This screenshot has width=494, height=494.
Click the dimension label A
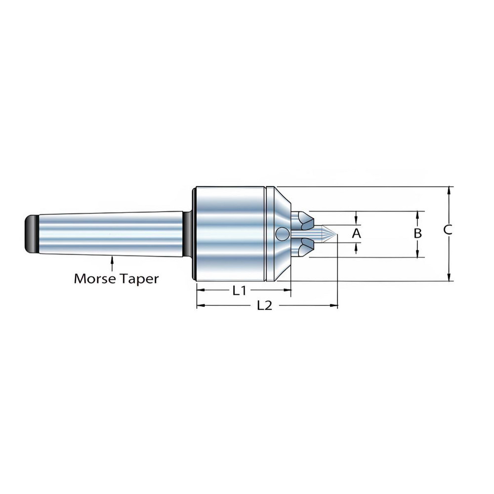tap(356, 233)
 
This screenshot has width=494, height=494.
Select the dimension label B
tap(417, 233)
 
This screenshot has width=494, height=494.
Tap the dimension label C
tap(448, 230)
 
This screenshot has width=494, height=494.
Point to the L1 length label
tap(240, 291)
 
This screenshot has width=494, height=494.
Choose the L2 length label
tap(265, 306)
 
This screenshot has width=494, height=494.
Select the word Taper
tap(139, 279)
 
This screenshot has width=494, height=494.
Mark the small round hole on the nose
tap(283, 234)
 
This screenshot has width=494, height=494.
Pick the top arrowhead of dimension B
tap(417, 214)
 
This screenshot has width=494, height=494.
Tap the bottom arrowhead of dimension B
tap(417, 254)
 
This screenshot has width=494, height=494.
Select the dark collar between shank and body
tap(188, 234)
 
